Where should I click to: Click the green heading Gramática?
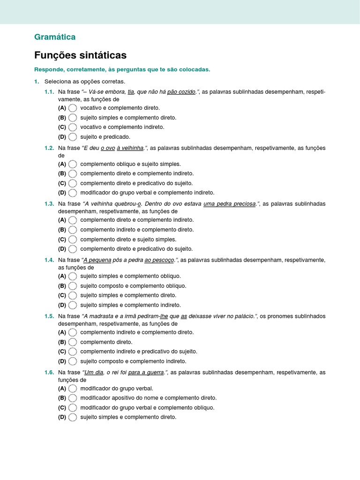55,37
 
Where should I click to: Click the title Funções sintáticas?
80,55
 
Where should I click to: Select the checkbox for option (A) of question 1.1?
73,108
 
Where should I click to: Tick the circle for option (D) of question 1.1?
73,137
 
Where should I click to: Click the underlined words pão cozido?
181,92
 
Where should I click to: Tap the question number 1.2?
49,148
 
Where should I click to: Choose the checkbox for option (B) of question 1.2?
73,174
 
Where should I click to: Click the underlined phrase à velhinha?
130,148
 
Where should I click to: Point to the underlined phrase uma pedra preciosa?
230,204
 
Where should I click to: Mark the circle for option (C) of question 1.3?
73,240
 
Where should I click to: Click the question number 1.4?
49,260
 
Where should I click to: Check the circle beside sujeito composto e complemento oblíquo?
73,286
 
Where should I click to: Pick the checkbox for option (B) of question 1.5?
73,342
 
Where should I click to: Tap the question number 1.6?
49,373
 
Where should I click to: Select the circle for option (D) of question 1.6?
73,417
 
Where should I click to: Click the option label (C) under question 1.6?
62,408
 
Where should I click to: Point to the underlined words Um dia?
93,373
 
